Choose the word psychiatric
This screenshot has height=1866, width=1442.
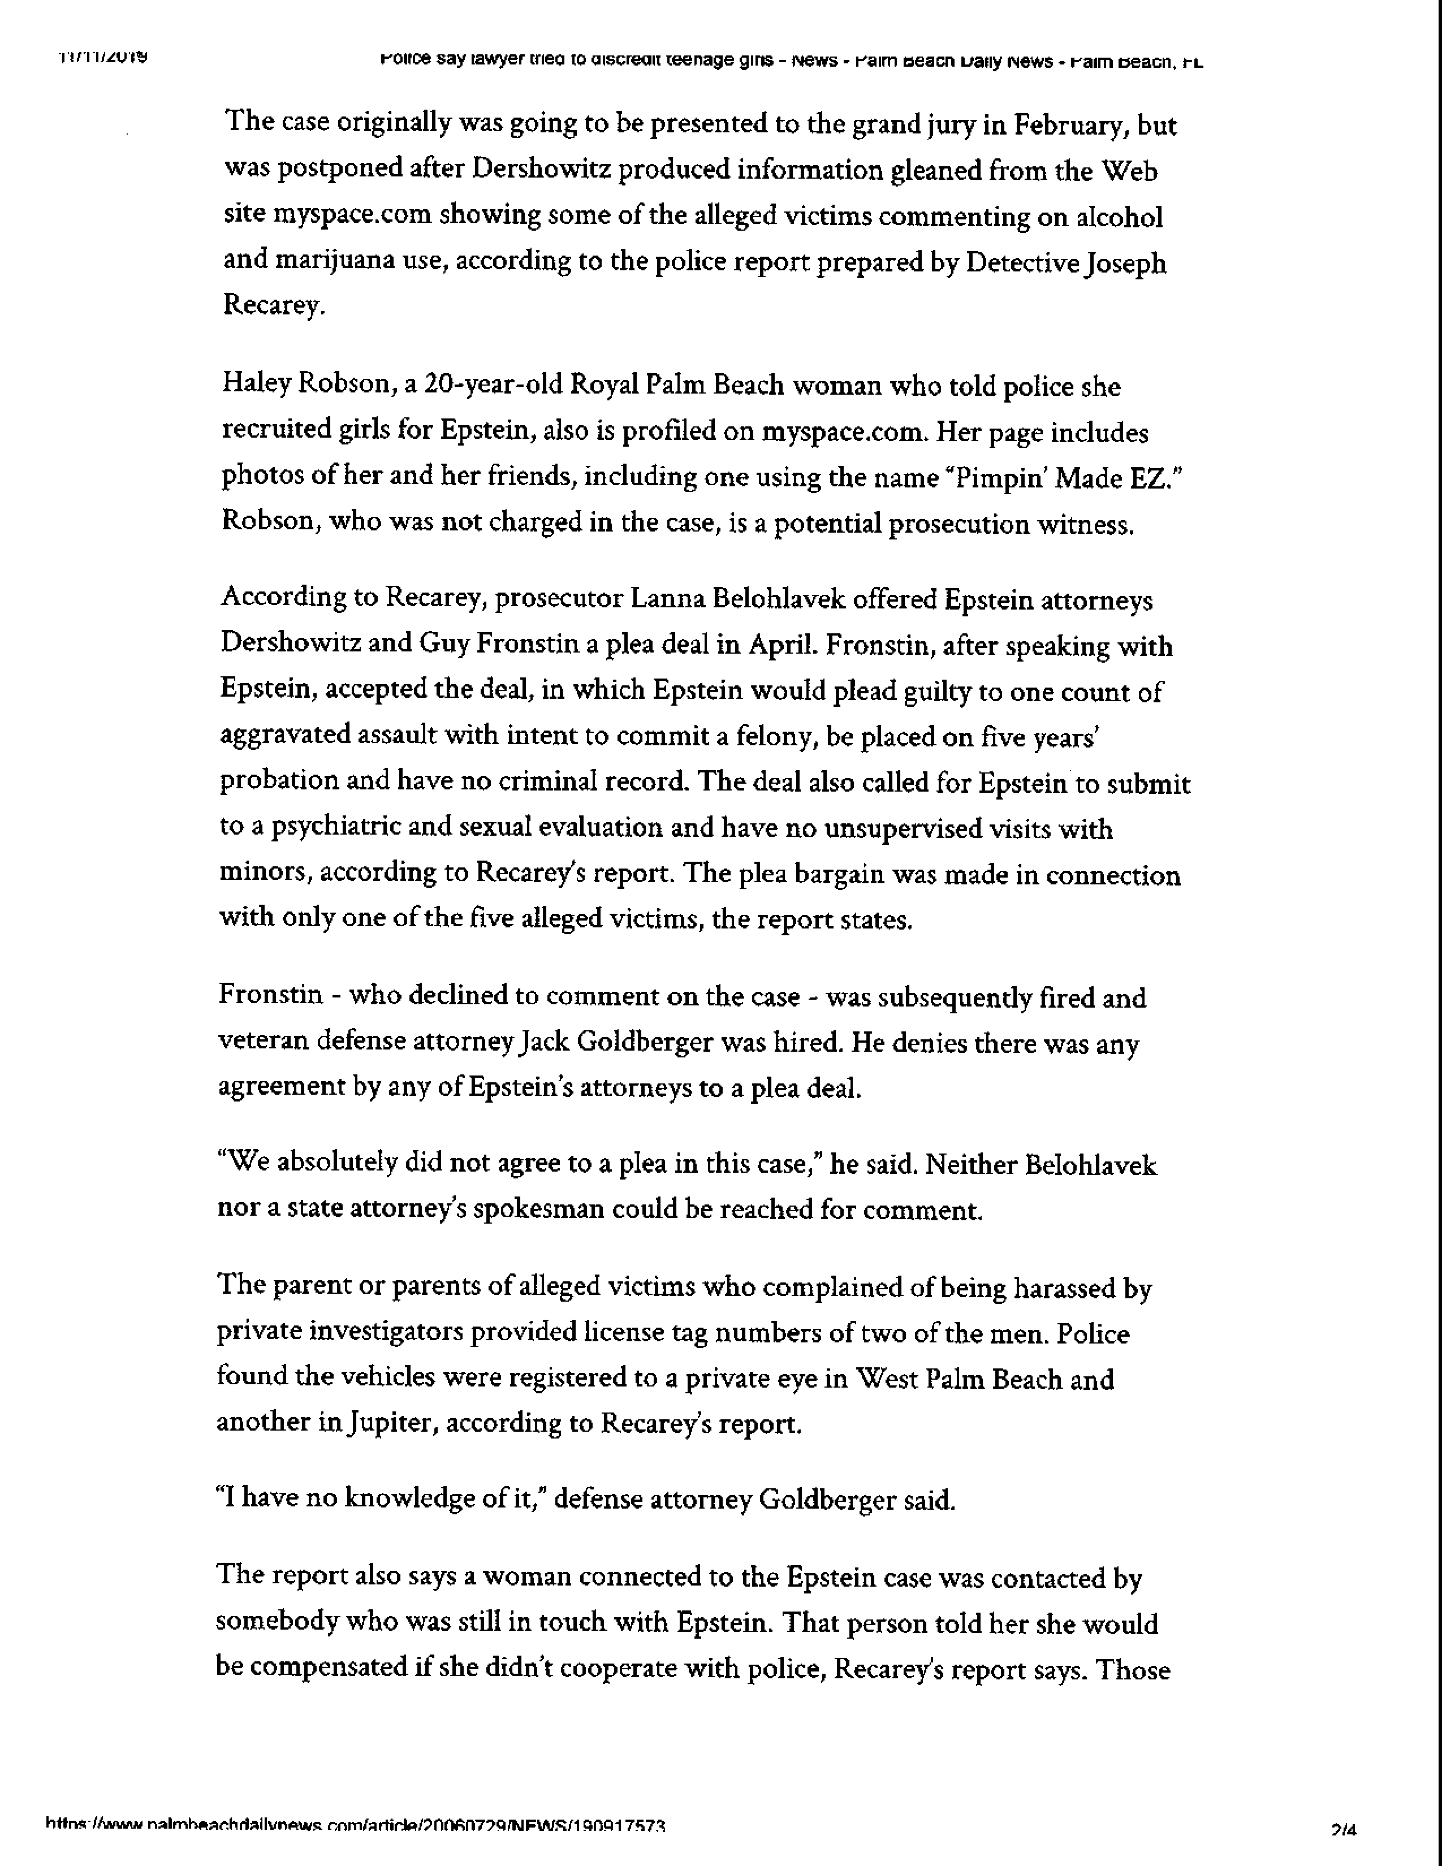[314, 828]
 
